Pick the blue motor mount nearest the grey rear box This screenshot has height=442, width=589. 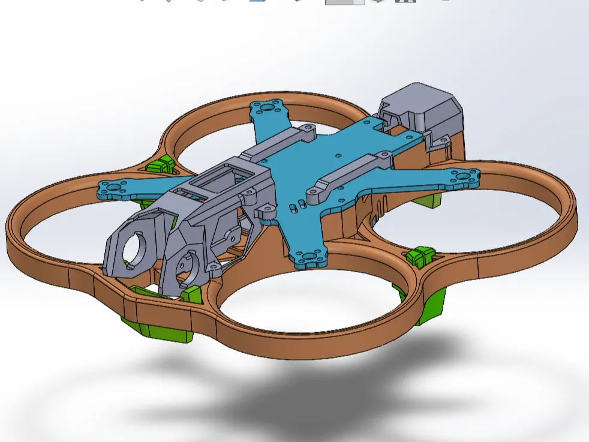coord(465,176)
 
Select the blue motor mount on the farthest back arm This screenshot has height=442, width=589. coord(266,107)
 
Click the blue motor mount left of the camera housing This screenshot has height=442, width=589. coord(113,188)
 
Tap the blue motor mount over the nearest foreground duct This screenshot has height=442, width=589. coord(308,257)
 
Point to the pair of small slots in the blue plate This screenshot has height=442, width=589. coord(293,208)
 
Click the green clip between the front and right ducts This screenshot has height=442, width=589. coord(419,255)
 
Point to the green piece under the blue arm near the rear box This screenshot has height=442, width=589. coord(428,199)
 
